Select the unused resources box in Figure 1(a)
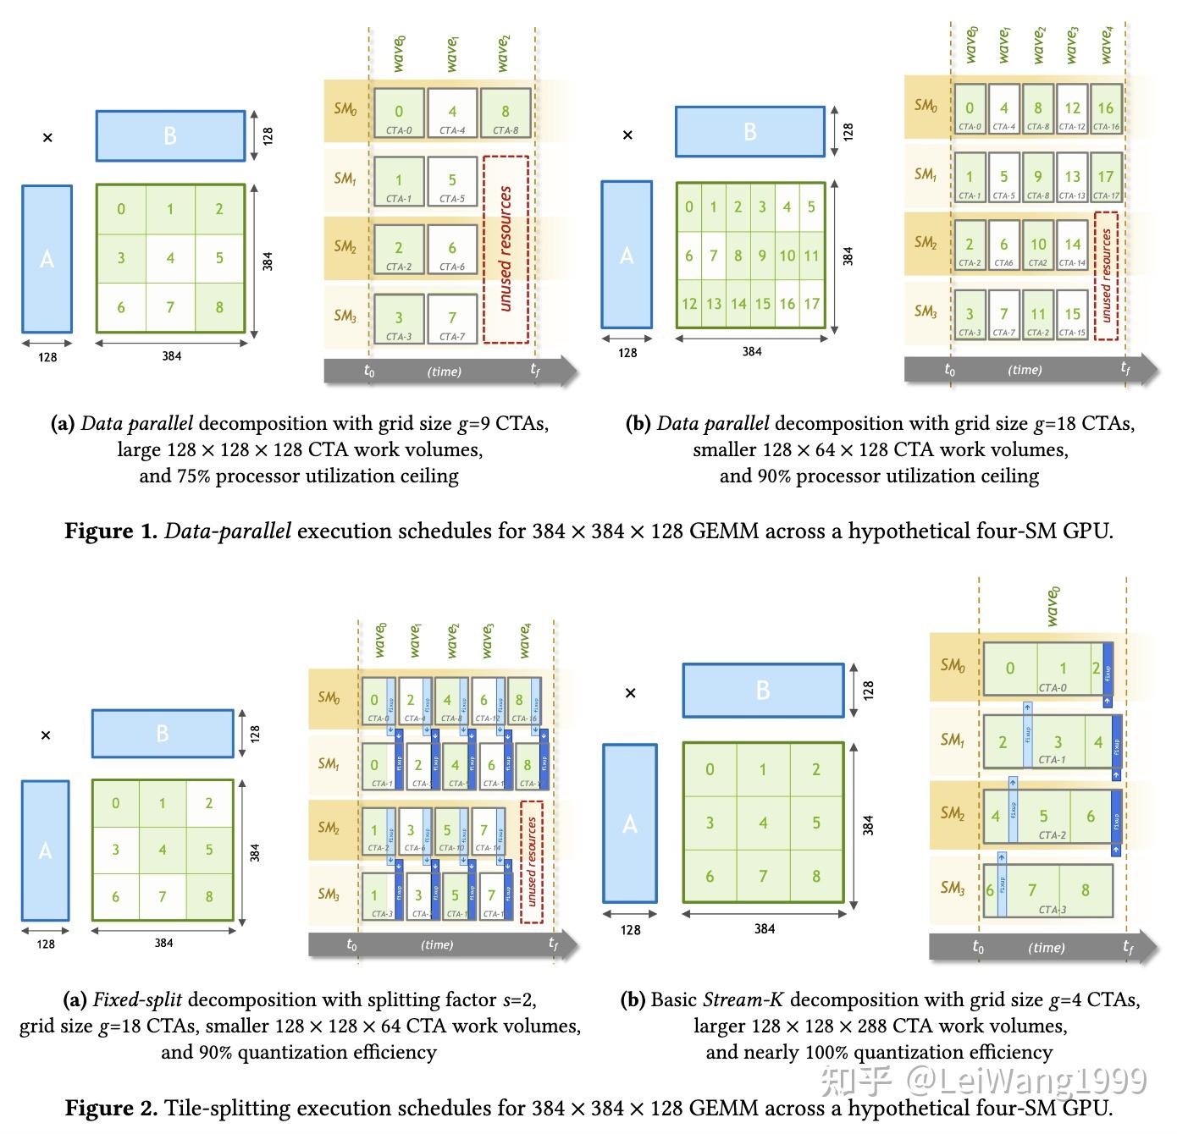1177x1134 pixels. pyautogui.click(x=506, y=249)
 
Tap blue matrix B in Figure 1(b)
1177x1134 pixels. pyautogui.click(x=749, y=131)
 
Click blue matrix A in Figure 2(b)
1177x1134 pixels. pyautogui.click(x=629, y=823)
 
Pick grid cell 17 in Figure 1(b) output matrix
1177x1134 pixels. pyautogui.click(x=811, y=303)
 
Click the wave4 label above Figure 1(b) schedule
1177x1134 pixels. pyautogui.click(x=1107, y=45)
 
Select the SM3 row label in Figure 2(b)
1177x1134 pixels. pyautogui.click(x=953, y=888)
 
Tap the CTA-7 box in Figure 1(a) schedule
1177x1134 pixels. pyautogui.click(x=452, y=319)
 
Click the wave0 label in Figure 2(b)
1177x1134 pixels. pyautogui.click(x=1053, y=606)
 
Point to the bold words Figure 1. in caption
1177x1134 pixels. pyautogui.click(x=111, y=531)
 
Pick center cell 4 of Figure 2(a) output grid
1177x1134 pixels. pyautogui.click(x=163, y=850)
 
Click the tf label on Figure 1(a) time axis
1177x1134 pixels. pyautogui.click(x=534, y=370)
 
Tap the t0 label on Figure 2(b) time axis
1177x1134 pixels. pyautogui.click(x=978, y=947)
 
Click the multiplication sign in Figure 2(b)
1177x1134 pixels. pyautogui.click(x=630, y=693)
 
